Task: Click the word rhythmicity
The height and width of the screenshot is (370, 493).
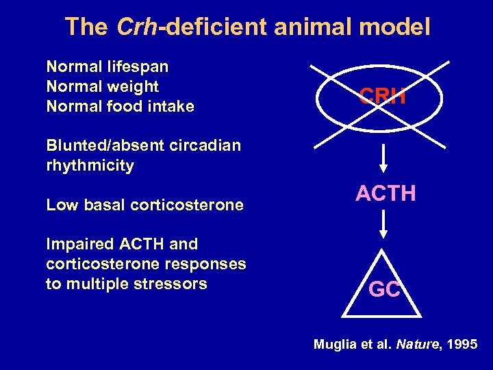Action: tap(90, 165)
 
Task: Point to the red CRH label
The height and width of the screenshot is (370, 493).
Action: tap(383, 96)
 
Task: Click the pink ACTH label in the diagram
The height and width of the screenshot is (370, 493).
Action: tap(385, 194)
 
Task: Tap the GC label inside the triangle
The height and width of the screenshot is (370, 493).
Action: tap(384, 290)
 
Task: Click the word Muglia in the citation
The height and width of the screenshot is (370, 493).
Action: tap(334, 345)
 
